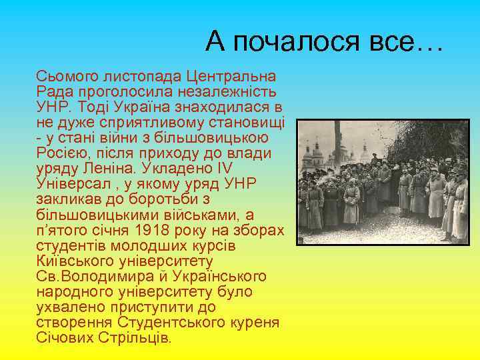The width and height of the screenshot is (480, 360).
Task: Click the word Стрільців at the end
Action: pyautogui.click(x=137, y=338)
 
